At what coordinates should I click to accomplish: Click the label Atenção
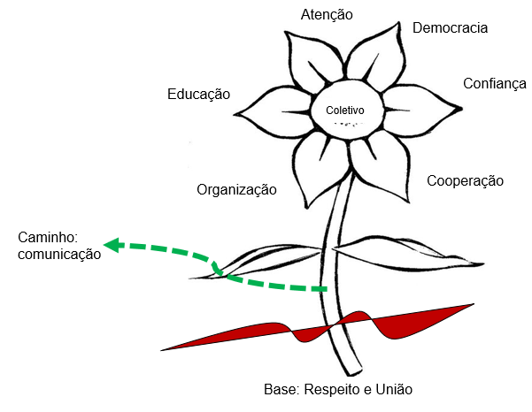(x=327, y=15)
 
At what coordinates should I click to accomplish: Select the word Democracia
(x=450, y=28)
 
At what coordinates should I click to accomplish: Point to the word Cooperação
(x=465, y=181)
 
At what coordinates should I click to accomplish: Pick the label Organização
(x=236, y=190)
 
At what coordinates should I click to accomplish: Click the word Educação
(x=198, y=95)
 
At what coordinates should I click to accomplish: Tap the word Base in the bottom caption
(x=281, y=390)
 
